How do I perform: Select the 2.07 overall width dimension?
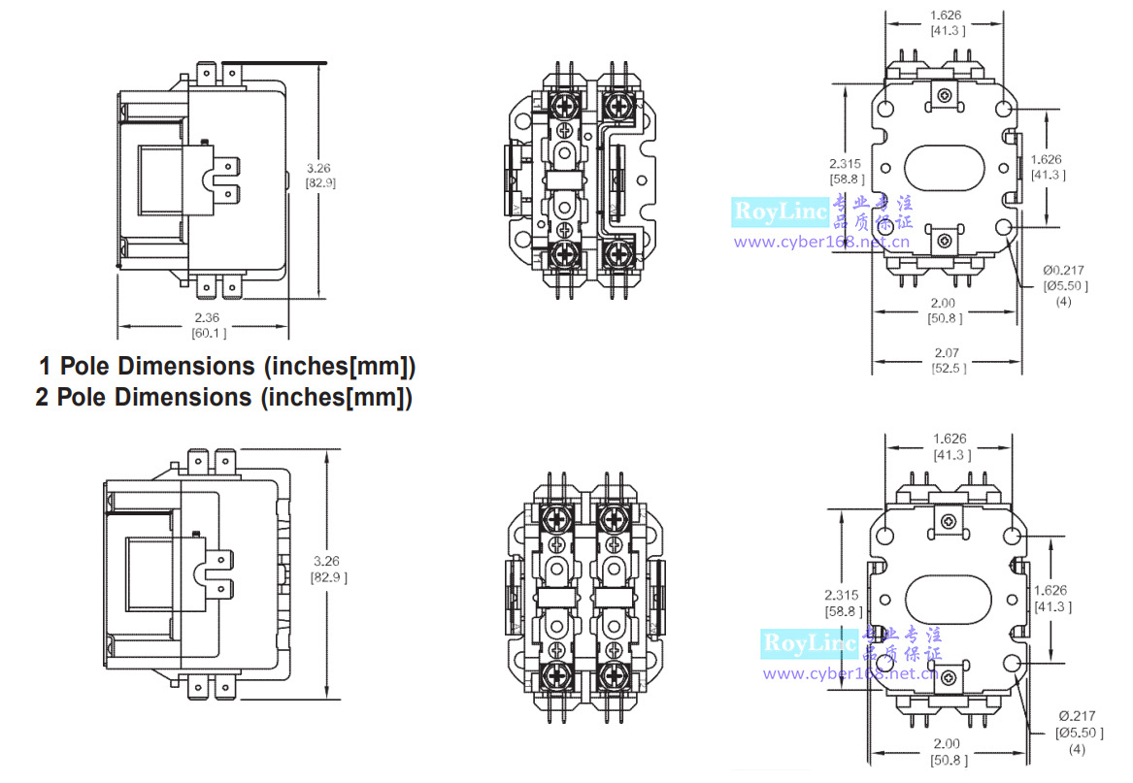pyautogui.click(x=947, y=353)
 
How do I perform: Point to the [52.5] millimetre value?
pyautogui.click(x=947, y=368)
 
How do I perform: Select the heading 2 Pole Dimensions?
pyautogui.click(x=224, y=398)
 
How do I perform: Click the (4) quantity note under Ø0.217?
pyautogui.click(x=1065, y=301)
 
